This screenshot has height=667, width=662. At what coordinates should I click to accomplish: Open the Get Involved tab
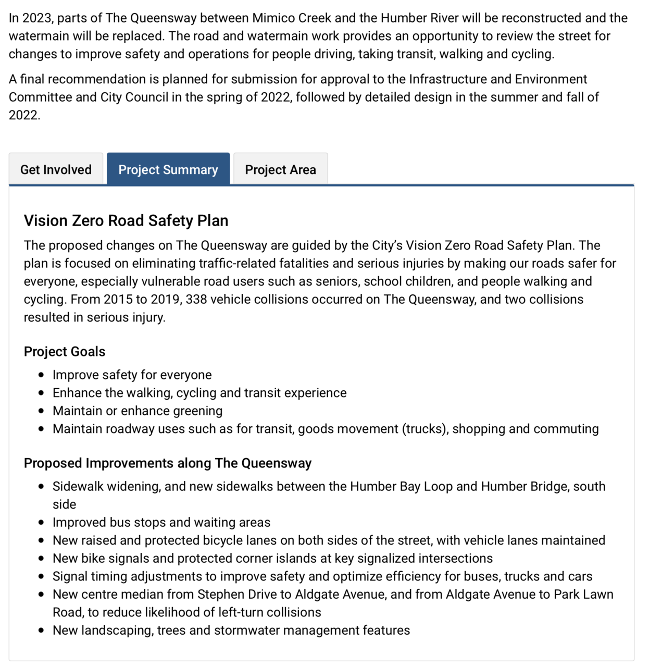[56, 169]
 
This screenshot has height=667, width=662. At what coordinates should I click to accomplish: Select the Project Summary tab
[168, 169]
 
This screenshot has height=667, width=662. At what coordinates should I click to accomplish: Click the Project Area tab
[280, 169]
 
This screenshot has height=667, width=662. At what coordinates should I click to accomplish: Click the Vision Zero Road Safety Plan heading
[126, 220]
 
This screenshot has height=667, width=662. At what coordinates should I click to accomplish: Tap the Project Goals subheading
[65, 352]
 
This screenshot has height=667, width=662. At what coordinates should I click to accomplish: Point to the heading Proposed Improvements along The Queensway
[168, 463]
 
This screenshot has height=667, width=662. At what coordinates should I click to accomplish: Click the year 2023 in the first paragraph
[38, 18]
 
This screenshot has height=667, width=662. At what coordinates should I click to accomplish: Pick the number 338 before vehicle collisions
[196, 300]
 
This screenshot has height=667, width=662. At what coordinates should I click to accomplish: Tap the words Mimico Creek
[292, 18]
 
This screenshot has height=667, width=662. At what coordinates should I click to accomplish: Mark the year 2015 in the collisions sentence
[118, 300]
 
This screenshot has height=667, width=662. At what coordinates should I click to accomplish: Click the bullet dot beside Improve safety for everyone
[42, 375]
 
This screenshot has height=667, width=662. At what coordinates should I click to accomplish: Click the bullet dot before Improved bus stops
[42, 523]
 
